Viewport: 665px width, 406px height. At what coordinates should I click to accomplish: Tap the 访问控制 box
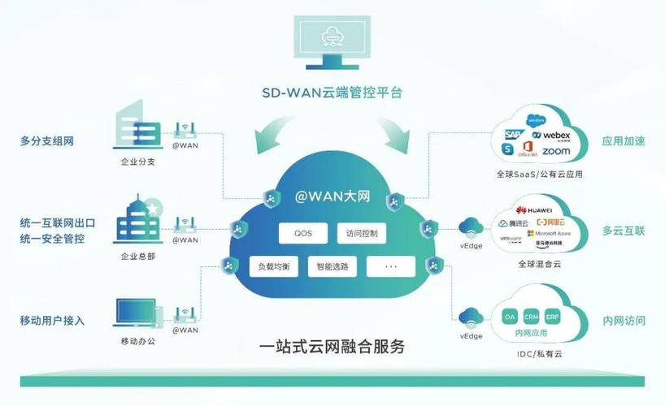point(363,234)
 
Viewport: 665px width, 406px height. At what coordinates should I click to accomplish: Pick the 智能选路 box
point(332,266)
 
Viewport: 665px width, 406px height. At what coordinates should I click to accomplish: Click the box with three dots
point(390,266)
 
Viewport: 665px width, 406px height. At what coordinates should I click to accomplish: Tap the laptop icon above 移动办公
point(135,314)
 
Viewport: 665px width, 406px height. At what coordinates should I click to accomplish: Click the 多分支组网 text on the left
point(47,140)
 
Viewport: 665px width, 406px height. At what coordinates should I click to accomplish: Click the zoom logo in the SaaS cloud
point(556,151)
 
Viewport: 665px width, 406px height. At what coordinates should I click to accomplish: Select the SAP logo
point(513,134)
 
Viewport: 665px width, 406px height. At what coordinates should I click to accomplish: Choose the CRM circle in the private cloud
point(531,316)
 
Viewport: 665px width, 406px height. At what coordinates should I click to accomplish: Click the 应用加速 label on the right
point(623,140)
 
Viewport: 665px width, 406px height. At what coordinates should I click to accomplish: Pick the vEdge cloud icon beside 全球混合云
point(470,227)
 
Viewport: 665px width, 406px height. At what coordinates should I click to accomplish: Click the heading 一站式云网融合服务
point(332,348)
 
